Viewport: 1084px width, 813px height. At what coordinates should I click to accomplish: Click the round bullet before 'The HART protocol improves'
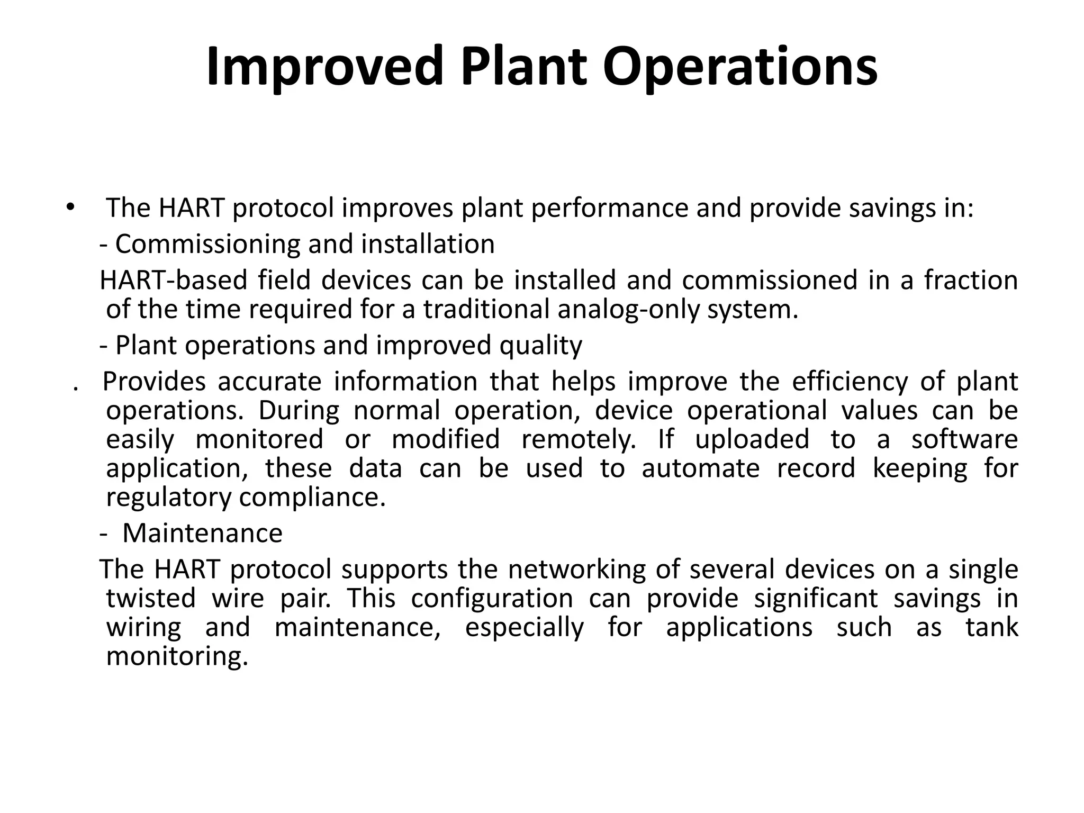(x=69, y=207)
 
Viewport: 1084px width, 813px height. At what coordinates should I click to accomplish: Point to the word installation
(x=428, y=245)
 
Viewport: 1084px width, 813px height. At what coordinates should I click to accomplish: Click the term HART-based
(x=173, y=280)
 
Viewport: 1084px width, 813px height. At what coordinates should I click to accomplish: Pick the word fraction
(x=971, y=280)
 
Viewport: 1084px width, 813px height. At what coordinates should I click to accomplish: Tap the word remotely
(x=579, y=440)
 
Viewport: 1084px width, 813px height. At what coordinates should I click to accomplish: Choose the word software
(x=964, y=440)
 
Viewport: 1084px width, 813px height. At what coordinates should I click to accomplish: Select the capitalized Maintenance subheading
(x=202, y=533)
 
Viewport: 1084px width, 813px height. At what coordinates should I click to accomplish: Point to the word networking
(x=577, y=570)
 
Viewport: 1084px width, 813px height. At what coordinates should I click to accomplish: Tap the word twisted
(x=151, y=599)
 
